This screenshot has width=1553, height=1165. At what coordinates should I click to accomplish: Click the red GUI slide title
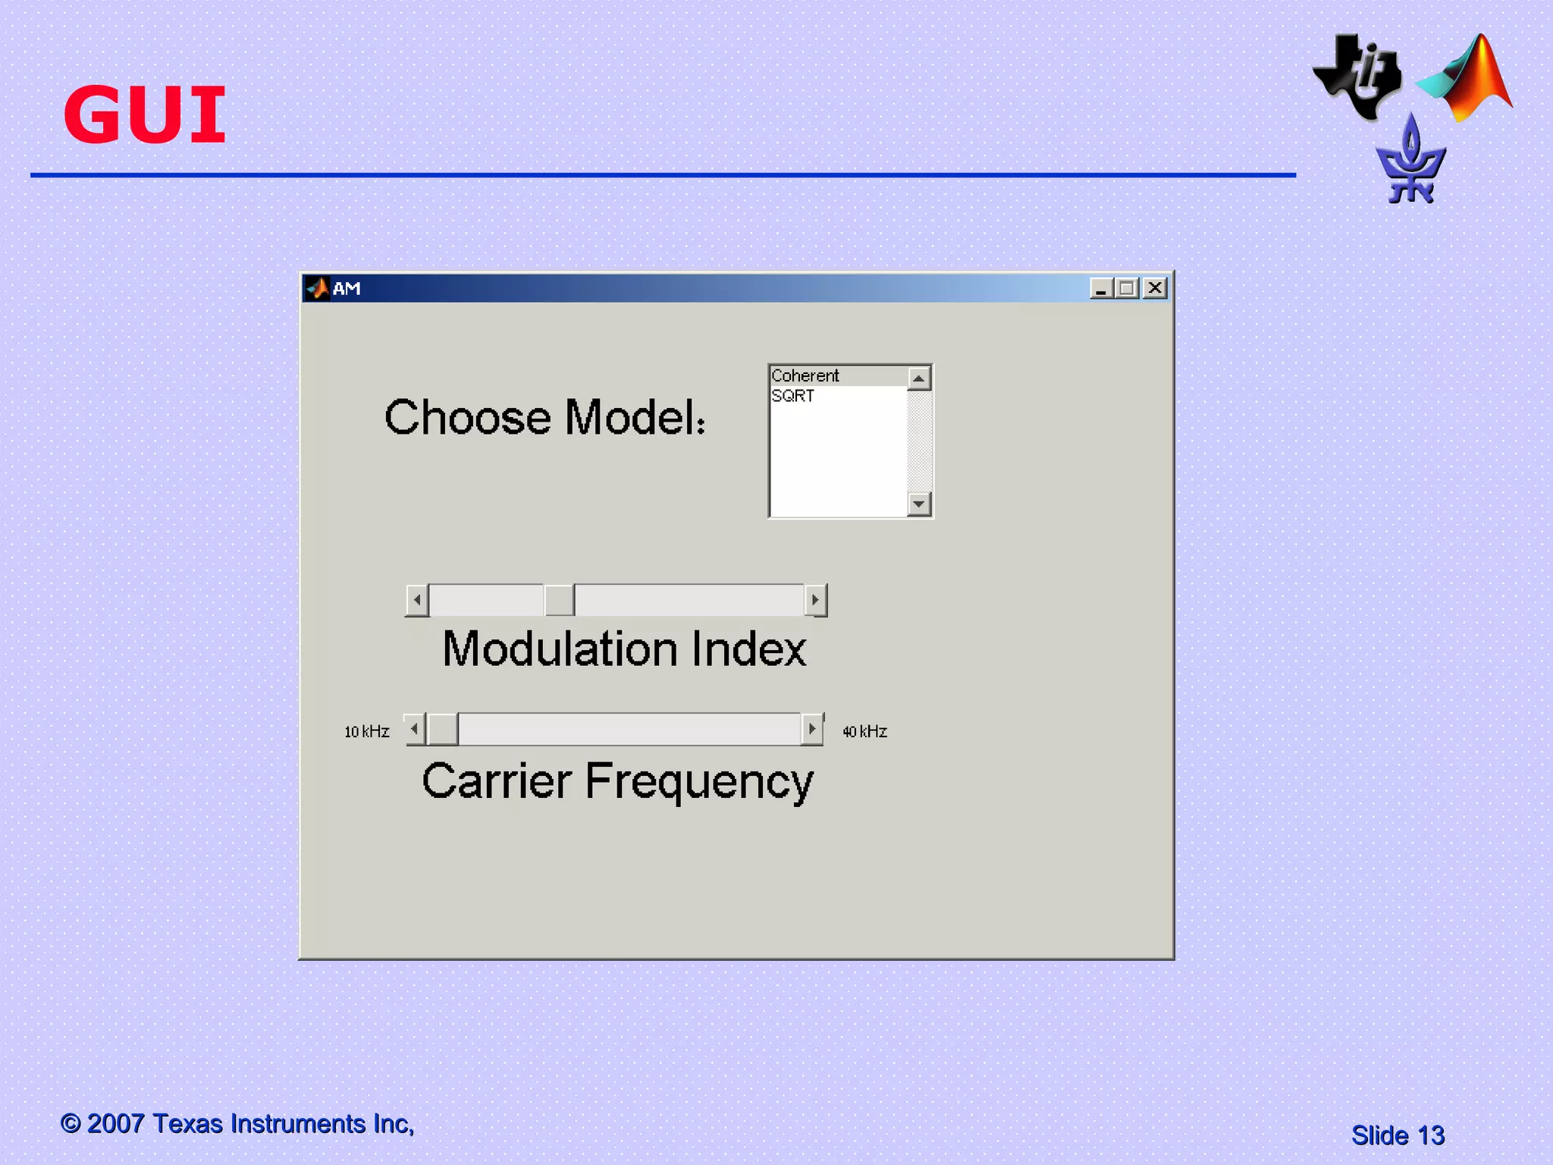(145, 115)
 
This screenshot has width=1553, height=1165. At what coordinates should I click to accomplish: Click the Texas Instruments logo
(1358, 77)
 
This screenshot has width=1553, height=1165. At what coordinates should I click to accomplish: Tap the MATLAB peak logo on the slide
(1467, 79)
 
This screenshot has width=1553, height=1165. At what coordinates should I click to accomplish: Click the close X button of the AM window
(1155, 288)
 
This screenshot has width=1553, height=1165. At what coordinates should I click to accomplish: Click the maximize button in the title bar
(1128, 288)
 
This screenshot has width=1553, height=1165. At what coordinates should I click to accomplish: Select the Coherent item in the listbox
(805, 376)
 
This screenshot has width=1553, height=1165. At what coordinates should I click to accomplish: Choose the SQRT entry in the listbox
(793, 396)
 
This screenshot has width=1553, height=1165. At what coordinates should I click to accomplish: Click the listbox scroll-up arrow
(919, 378)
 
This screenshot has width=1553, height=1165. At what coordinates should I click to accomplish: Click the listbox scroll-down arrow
(919, 504)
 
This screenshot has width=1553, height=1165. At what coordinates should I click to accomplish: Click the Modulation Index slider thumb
(559, 600)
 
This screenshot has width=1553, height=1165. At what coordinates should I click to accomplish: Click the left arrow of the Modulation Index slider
(416, 600)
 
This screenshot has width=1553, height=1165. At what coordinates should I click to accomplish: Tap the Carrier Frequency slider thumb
(443, 730)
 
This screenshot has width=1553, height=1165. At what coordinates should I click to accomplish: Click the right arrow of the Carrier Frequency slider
(812, 730)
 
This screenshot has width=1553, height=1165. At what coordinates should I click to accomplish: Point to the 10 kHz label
(367, 732)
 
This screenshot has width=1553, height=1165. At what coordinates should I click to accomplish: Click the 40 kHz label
(865, 732)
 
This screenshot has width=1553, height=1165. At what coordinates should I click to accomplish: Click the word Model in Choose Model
(635, 418)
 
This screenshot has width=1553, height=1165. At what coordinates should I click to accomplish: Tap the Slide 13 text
(1398, 1135)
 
